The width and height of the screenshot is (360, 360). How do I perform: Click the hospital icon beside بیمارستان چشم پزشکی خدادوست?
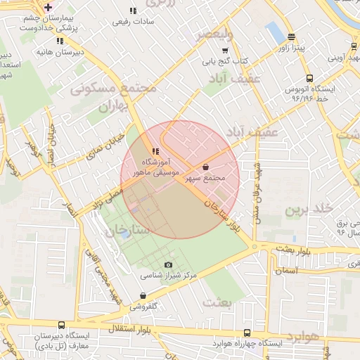click(47, 7)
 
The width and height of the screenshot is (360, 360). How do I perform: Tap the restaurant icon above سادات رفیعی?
click(132, 11)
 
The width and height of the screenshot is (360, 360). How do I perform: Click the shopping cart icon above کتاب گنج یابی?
click(225, 51)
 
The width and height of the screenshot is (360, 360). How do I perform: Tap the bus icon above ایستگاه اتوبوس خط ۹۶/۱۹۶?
click(309, 79)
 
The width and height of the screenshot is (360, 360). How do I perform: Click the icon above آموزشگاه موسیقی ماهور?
click(155, 150)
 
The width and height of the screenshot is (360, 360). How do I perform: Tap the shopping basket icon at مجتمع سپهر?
click(205, 167)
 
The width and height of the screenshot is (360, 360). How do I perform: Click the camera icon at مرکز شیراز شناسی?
click(167, 264)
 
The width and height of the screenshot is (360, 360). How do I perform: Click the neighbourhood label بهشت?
click(217, 302)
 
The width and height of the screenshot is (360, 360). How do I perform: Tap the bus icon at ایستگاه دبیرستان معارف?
click(62, 326)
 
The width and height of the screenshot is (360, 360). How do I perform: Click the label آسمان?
click(287, 271)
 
